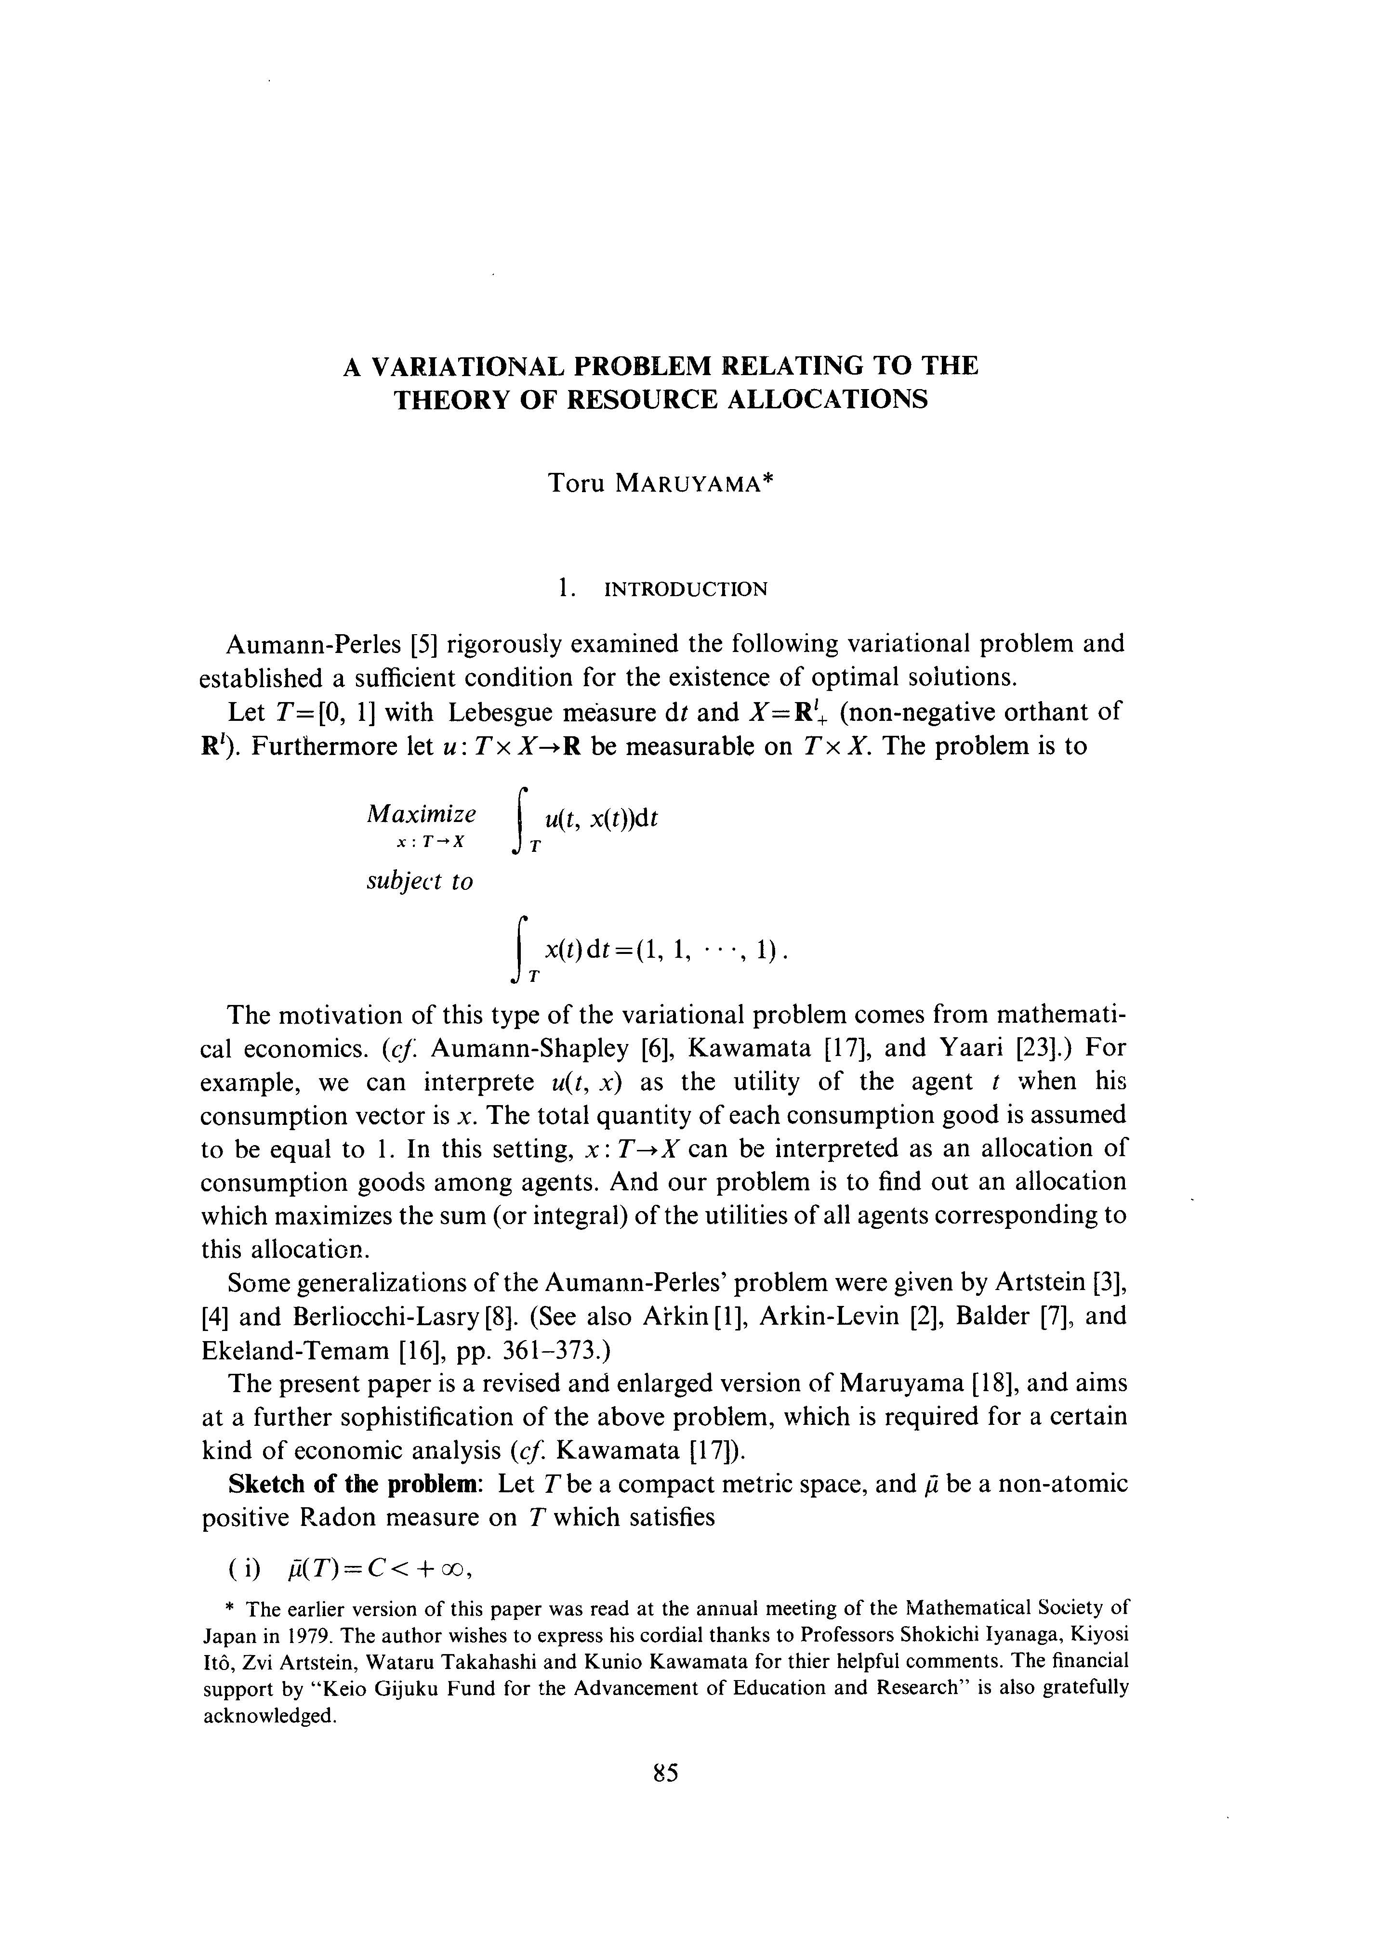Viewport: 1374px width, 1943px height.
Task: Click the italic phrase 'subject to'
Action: (x=419, y=882)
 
